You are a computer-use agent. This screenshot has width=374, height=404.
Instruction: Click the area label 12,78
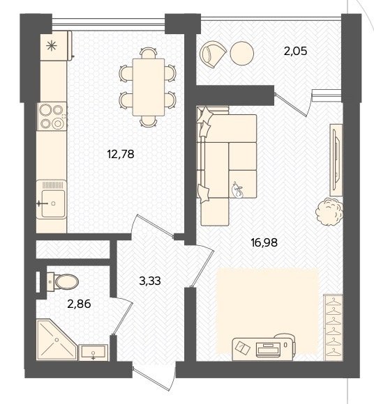[x=121, y=154]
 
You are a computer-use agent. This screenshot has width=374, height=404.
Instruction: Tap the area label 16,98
[x=264, y=242]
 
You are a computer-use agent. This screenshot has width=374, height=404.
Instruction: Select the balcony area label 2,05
[x=296, y=51]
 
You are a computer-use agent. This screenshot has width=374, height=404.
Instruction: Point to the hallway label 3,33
[x=150, y=281]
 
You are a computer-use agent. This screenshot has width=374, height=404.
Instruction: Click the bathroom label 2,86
[x=79, y=304]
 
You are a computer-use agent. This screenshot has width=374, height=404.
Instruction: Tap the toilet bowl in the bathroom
[x=63, y=281]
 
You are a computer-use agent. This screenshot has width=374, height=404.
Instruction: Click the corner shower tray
[x=57, y=340]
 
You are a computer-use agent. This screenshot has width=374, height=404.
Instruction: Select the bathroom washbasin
[x=93, y=352]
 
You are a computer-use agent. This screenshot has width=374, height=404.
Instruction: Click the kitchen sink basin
[x=53, y=203]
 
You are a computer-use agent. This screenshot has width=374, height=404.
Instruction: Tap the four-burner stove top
[x=52, y=116]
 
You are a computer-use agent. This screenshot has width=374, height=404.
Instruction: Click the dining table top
[x=149, y=87]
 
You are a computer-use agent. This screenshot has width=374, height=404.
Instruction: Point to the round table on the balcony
[x=242, y=54]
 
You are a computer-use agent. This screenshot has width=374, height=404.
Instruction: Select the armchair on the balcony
[x=212, y=54]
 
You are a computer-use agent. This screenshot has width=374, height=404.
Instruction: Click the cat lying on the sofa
[x=237, y=190]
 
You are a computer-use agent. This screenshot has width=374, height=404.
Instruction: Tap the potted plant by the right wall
[x=329, y=212]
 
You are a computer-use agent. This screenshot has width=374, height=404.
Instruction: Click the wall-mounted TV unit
[x=336, y=160]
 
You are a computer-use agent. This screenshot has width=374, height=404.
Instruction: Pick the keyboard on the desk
[x=268, y=350]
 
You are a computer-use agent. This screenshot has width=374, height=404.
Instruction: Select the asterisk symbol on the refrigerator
[x=52, y=46]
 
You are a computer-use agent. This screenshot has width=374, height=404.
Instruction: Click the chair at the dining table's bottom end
[x=149, y=121]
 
